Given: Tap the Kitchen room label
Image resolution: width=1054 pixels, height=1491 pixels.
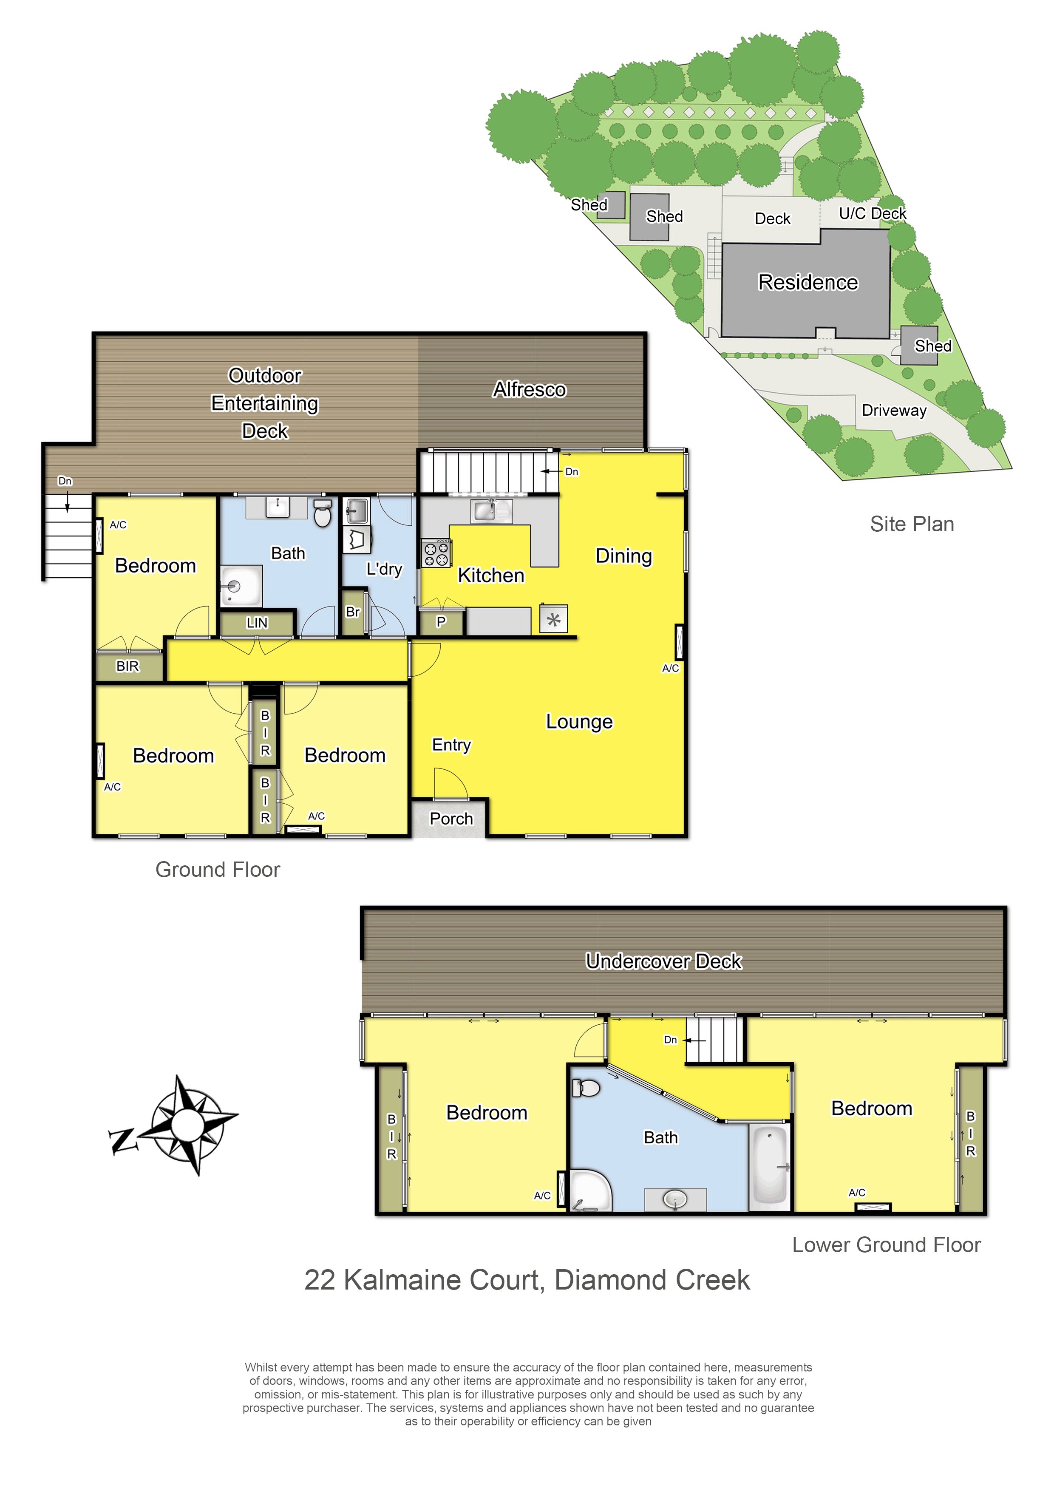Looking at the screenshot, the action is [x=491, y=575].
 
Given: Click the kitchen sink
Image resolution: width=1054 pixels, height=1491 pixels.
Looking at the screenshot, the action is [x=491, y=511].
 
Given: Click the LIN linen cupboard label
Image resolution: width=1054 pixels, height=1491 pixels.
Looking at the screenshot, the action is [x=257, y=623].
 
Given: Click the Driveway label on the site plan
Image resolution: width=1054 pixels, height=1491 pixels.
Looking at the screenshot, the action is [x=894, y=411].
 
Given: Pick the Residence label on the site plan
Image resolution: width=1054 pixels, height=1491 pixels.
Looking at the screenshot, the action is [x=808, y=283].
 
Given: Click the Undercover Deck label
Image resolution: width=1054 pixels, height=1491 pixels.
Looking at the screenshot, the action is [x=664, y=961].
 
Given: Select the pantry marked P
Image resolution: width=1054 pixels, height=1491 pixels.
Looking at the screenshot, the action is [x=441, y=622].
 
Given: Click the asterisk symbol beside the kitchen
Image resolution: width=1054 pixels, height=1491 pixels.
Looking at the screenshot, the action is [x=553, y=620].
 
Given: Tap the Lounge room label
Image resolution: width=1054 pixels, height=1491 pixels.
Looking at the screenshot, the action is [x=579, y=721].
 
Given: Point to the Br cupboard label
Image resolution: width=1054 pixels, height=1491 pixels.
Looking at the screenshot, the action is [x=353, y=612].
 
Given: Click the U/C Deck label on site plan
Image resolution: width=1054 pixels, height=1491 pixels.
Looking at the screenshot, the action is [x=872, y=214].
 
